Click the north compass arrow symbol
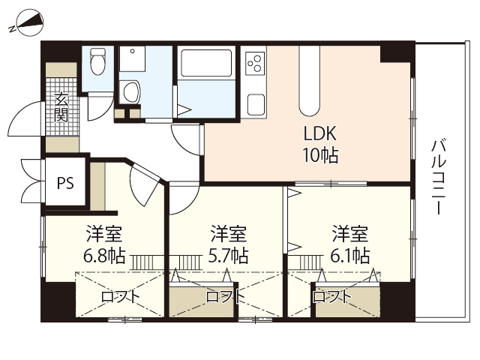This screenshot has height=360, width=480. tap(28, 25)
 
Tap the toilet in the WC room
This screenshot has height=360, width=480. tap(97, 60)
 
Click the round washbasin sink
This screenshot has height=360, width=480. tap(131, 92)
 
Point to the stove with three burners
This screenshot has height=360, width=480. tap(255, 60)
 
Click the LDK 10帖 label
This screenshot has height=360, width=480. tap(320, 145)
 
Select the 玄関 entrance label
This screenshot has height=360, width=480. tap(61, 107)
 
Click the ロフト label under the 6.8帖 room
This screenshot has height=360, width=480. tap(120, 297)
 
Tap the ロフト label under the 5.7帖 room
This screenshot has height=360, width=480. tap(225, 297)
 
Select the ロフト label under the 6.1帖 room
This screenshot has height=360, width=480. tap(331, 297)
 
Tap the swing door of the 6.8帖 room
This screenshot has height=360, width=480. tap(142, 184)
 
